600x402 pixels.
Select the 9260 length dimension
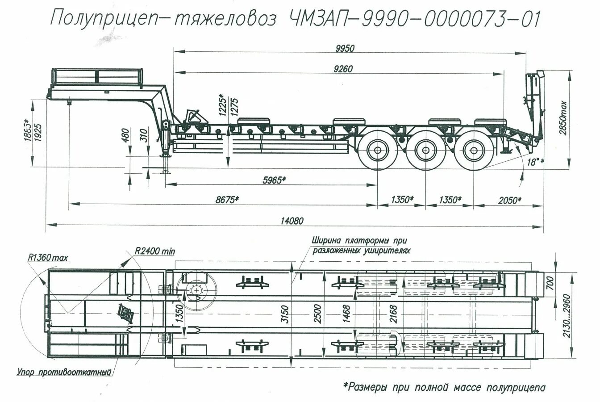click(343, 69)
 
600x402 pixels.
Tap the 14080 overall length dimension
click(292, 220)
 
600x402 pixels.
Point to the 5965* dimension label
click(273, 180)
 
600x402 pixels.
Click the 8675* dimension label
click(227, 200)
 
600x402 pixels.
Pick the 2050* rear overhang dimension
click(508, 200)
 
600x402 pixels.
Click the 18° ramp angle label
click(532, 162)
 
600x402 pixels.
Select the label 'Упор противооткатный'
click(64, 372)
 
